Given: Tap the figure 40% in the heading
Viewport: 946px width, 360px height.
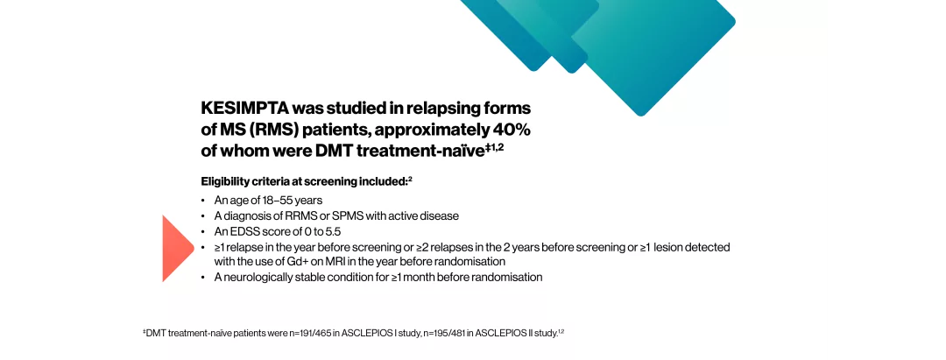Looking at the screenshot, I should (x=511, y=130).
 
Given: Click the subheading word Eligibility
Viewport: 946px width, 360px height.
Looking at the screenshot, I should (x=226, y=181).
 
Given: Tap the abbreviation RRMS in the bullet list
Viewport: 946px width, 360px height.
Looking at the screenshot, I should (x=291, y=215).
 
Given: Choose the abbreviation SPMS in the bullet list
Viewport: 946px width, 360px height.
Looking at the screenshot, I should (x=335, y=215).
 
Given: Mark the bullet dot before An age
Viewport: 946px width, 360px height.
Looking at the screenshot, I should (x=203, y=201).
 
